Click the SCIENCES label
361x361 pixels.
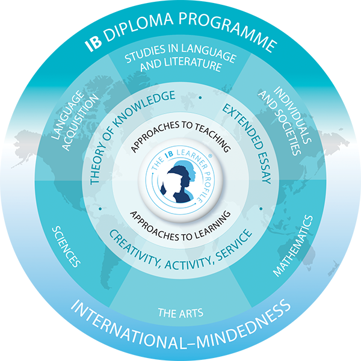67,246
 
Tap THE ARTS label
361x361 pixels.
180,312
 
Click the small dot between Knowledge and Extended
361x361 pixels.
199,97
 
